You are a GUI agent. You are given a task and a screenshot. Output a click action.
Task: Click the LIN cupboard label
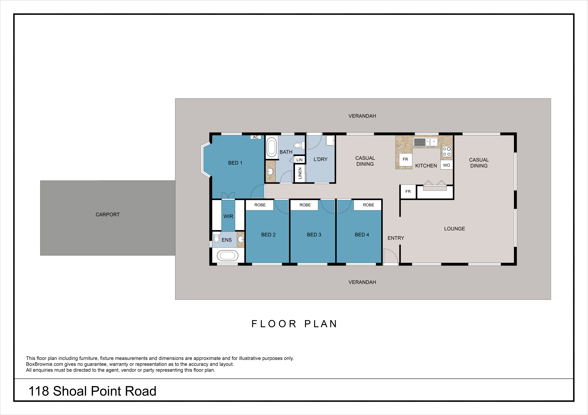[299, 160]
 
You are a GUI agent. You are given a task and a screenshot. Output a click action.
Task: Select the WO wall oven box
[446, 165]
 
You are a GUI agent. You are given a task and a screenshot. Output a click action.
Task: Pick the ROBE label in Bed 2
[260, 205]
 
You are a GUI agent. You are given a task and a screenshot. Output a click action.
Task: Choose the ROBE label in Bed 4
[368, 205]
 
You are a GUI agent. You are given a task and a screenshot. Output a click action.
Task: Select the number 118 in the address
[38, 391]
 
